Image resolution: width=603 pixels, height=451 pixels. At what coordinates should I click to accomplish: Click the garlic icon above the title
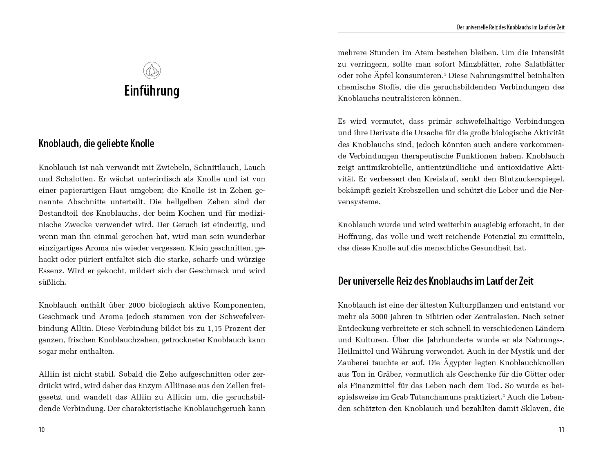pos(152,71)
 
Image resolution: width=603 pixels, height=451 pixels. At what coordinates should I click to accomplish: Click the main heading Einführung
pos(152,91)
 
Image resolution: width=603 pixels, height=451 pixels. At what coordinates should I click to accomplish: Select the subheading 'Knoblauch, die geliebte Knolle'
pos(96,143)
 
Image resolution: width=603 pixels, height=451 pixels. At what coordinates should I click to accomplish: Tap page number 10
pos(42,429)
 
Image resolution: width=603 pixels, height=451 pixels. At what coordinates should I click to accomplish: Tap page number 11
pos(561,429)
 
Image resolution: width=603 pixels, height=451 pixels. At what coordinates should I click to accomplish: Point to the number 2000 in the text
pos(136,305)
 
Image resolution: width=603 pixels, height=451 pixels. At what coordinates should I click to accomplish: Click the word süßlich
pos(52,282)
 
